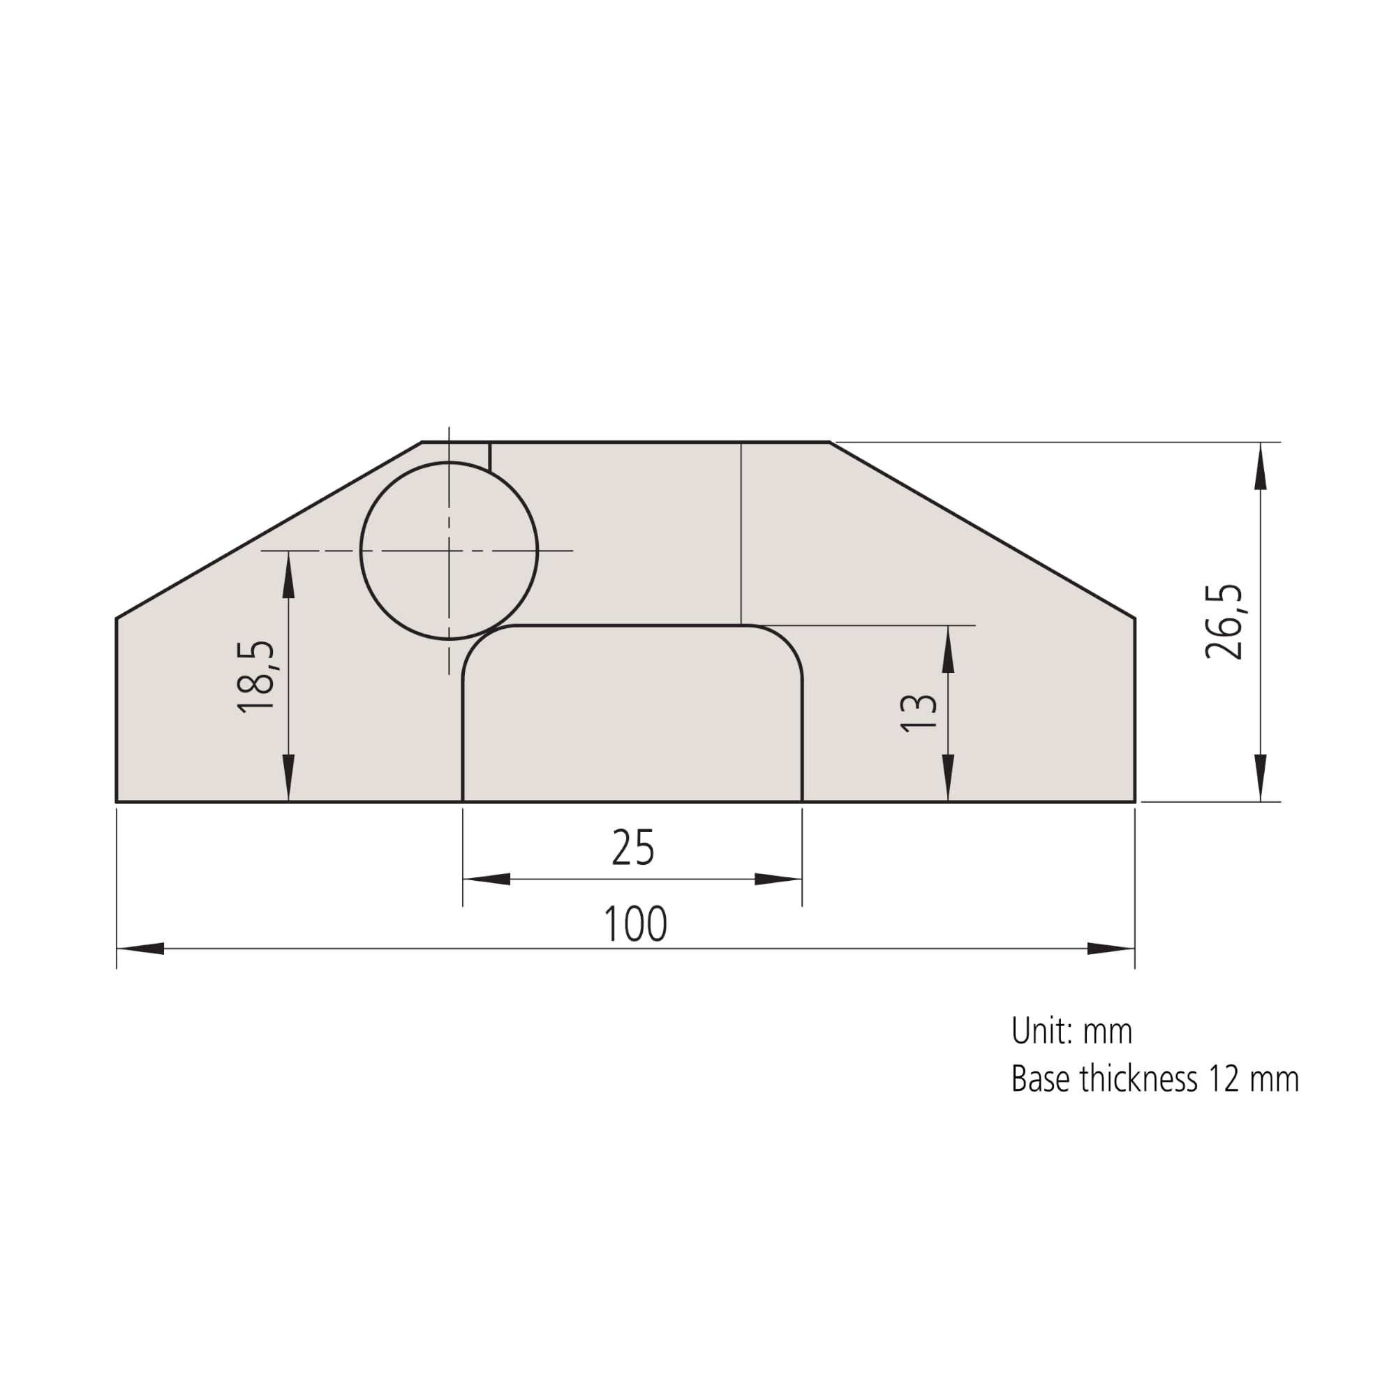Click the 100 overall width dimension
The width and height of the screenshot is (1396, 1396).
coord(634,924)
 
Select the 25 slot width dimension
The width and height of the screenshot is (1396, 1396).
coord(633,847)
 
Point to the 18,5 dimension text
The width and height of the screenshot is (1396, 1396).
coord(256,678)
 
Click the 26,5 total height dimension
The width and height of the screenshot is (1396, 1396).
coord(1224,621)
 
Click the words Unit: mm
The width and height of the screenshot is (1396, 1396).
coord(1071,1031)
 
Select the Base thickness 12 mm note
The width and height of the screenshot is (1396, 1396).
coord(1154,1080)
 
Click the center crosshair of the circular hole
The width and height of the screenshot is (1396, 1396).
coord(449,551)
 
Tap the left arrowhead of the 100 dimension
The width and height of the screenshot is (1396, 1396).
coord(141,949)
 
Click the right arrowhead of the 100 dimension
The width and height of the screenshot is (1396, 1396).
coord(1111,949)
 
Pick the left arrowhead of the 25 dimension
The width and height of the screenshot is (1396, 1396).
coord(487,879)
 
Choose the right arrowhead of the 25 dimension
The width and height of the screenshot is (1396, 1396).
coord(778,879)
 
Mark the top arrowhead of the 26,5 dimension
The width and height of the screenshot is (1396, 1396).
coord(1261,466)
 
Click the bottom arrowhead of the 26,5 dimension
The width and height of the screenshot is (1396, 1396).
coord(1261,778)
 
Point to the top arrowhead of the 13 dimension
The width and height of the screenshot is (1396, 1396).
coord(948,649)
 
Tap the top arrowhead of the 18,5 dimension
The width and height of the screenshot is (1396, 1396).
coord(288,574)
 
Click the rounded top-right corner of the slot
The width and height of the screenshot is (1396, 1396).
coord(786,641)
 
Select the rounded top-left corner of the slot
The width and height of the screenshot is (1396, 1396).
coord(478,641)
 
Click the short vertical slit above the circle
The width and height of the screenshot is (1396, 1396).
coord(490,456)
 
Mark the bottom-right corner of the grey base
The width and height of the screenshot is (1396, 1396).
coord(1134,801)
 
